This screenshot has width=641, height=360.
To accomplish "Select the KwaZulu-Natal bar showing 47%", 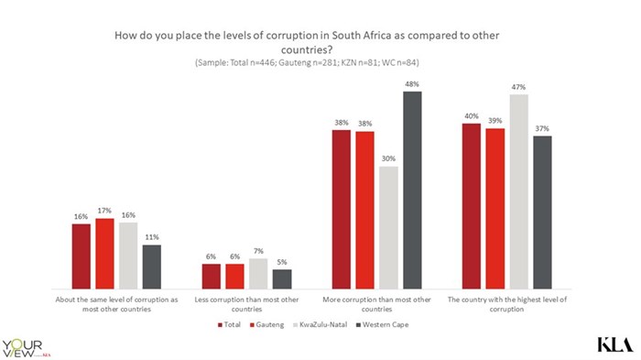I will point(518,191).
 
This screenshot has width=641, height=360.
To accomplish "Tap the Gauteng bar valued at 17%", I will point(104,254).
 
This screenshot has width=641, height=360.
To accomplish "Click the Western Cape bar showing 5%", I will point(282,279).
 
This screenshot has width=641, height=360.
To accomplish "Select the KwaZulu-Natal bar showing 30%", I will point(388,227).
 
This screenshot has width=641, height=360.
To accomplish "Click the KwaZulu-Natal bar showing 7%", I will point(258,274).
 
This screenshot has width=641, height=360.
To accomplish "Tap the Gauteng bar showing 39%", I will point(495,209).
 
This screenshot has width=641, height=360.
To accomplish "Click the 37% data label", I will point(542,129).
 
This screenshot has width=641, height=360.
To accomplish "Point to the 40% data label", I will point(472,116).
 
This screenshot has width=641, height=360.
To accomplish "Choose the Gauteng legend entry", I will point(278,324).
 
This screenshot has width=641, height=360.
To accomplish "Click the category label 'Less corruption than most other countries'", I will point(246,304).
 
